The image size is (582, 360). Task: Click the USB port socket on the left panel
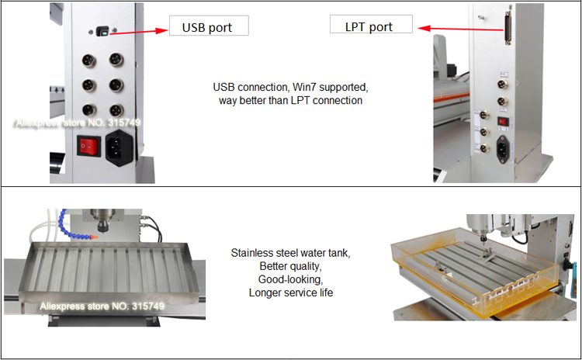tap(103, 32)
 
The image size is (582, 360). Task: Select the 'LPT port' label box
tap(369, 26)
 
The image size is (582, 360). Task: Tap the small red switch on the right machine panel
tap(503, 120)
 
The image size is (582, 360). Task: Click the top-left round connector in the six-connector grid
tap(88, 59)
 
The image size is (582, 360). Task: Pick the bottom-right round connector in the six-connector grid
tap(116, 111)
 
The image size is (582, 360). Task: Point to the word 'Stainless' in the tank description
tap(253, 253)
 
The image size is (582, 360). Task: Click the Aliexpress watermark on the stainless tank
tap(102, 306)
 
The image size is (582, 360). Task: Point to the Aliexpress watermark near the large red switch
tap(76, 123)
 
